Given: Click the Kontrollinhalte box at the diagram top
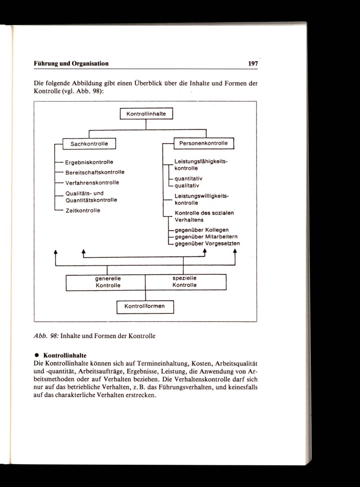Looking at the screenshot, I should click(146, 114).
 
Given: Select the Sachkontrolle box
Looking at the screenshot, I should click(89, 144).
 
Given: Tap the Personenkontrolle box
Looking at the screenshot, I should click(203, 143).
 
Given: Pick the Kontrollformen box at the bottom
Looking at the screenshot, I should click(145, 306).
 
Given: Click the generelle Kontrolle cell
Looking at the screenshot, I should click(108, 282).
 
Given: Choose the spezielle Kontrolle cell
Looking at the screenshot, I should click(185, 282).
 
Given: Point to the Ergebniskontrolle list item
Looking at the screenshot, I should click(89, 162).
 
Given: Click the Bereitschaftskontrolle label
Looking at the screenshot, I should click(95, 172).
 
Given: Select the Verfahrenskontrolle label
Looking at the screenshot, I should click(92, 183).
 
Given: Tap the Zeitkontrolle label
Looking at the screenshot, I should click(82, 210).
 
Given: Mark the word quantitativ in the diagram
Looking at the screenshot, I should click(188, 179).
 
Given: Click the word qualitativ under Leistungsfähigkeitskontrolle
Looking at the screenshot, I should click(187, 186).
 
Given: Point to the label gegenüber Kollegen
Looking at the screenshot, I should click(202, 230).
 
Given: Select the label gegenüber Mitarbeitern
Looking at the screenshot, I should click(206, 237).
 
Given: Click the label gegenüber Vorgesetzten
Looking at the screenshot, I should click(207, 243).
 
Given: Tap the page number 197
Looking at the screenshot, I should click(253, 64).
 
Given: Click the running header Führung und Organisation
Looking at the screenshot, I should click(71, 64).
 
